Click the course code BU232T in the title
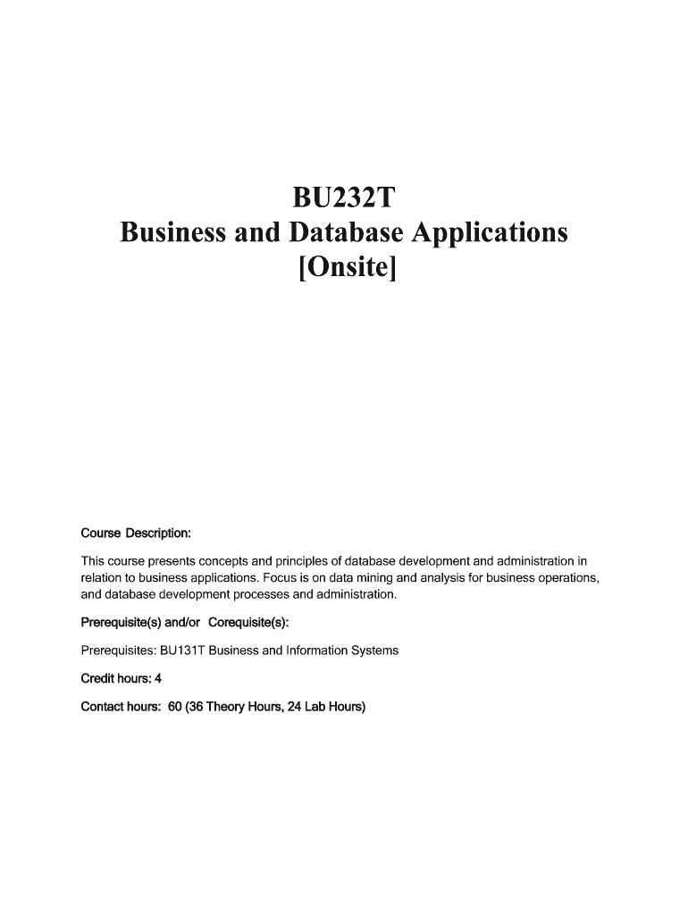[344, 197]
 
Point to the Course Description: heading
[136, 533]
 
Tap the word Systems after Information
[374, 651]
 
